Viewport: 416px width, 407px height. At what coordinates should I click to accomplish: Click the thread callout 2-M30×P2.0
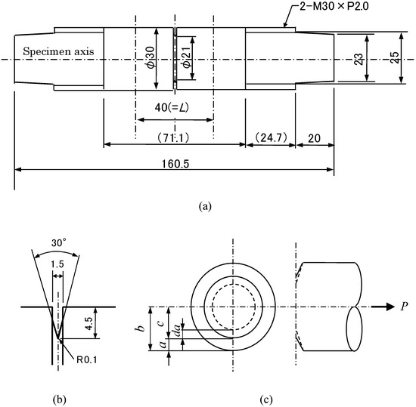(334, 6)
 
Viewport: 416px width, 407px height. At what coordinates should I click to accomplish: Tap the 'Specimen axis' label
(58, 51)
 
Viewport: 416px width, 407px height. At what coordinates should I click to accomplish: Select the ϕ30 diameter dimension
(151, 58)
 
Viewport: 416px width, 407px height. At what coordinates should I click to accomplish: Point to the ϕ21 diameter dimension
(188, 58)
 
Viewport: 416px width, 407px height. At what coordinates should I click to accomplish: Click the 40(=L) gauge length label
(172, 108)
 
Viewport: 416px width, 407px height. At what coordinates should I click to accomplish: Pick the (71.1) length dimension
(173, 137)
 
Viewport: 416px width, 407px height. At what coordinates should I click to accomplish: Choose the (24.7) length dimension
(271, 137)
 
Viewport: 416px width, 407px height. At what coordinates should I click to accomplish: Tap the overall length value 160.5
(175, 164)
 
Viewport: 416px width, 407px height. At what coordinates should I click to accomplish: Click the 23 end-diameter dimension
(359, 60)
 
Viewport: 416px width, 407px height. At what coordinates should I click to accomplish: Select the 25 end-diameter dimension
(395, 57)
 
